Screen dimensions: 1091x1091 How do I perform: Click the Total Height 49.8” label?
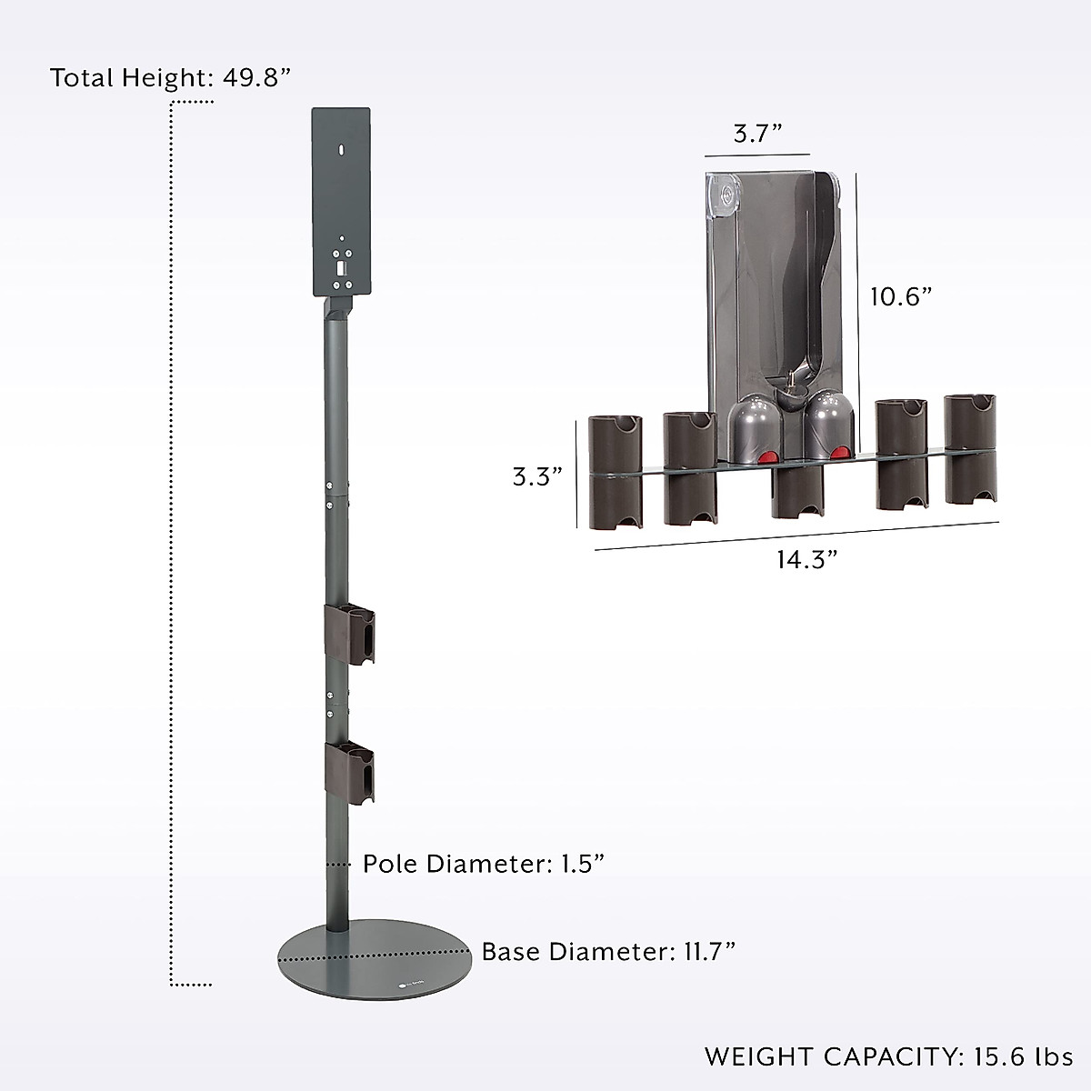point(170,77)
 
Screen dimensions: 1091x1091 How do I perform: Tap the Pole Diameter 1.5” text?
point(484,863)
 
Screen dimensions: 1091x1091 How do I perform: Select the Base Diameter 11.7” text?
point(608,952)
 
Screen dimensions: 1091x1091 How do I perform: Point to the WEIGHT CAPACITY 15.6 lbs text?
point(888,1056)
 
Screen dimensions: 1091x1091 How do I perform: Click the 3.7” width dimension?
point(758,134)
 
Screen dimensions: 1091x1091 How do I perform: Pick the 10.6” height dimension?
point(901,296)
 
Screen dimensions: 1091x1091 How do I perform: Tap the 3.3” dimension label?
point(537,476)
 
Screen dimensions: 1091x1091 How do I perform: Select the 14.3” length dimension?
point(806,559)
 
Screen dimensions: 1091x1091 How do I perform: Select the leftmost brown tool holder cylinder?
point(616,471)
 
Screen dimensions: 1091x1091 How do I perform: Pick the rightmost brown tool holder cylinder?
point(970,449)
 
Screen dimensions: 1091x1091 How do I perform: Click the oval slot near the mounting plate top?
point(341,146)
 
